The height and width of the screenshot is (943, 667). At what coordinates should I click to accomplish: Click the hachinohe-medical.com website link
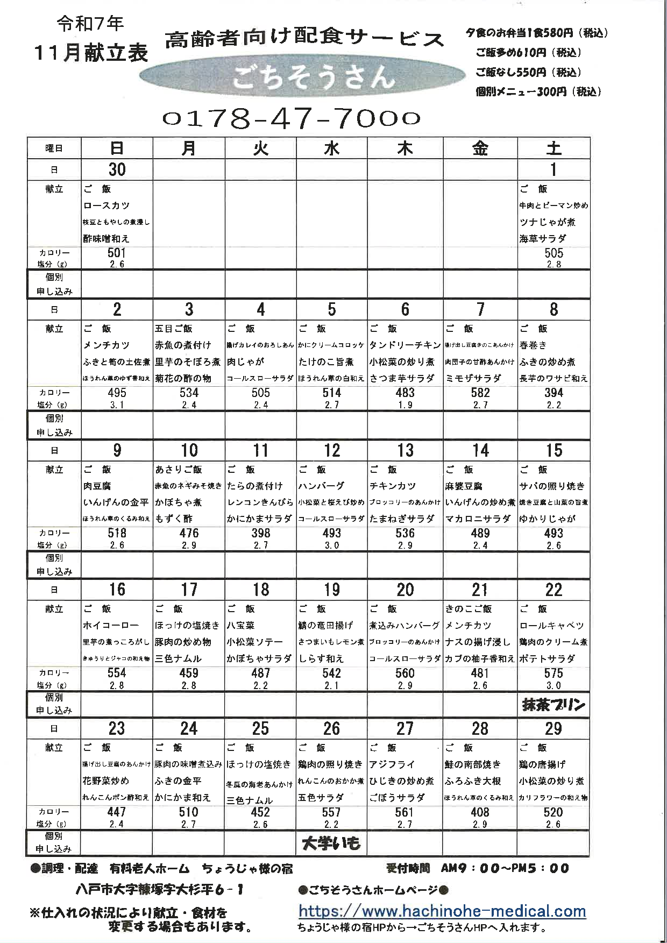(x=442, y=911)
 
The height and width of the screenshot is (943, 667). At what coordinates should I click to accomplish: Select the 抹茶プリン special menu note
(x=554, y=705)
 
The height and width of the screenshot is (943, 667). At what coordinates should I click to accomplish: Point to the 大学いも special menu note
(x=331, y=843)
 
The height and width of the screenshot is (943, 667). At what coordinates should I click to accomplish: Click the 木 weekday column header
(x=405, y=148)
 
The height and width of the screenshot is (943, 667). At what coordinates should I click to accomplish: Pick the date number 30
(x=117, y=169)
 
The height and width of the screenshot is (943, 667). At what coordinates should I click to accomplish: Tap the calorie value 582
(x=480, y=393)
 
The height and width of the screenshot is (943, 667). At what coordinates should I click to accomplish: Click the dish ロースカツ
(x=107, y=205)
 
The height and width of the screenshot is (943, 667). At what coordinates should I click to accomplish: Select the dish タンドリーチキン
(x=405, y=345)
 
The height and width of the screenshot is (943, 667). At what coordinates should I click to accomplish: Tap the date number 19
(x=332, y=590)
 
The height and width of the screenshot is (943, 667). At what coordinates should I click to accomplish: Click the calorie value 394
(x=554, y=393)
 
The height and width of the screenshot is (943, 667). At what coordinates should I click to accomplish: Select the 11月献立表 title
(x=91, y=52)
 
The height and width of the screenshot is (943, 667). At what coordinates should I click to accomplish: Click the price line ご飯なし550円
(x=528, y=72)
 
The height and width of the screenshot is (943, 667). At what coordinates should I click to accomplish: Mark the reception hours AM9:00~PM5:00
(x=504, y=868)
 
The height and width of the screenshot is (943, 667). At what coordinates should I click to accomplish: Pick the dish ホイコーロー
(x=111, y=626)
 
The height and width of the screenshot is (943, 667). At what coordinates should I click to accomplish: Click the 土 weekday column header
(x=554, y=148)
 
